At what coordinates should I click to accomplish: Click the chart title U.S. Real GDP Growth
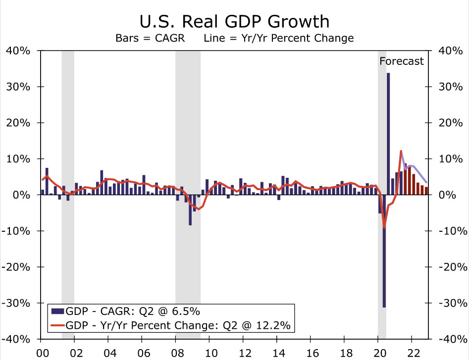tap(234, 21)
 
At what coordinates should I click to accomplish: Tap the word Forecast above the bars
tap(402, 61)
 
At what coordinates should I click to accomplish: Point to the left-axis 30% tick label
tap(18, 87)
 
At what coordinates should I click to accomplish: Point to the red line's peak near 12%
tap(401, 151)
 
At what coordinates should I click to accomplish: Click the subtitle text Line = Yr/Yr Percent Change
tap(278, 38)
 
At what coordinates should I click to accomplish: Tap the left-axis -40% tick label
tap(18, 339)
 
